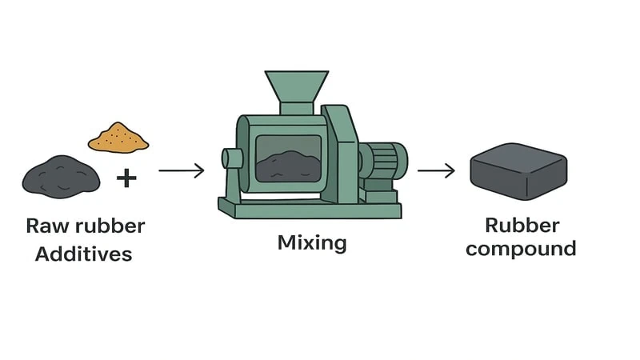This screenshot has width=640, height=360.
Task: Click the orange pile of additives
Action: pyautogui.click(x=118, y=138)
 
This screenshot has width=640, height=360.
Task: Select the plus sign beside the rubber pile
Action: pyautogui.click(x=126, y=177)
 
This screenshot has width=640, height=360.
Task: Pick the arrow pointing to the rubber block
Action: pyautogui.click(x=436, y=170)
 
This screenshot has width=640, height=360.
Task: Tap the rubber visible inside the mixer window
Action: pyautogui.click(x=288, y=166)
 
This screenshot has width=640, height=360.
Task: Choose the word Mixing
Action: pyautogui.click(x=312, y=242)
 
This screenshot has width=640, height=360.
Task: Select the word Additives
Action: pyautogui.click(x=84, y=254)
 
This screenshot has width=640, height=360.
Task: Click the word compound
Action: pyautogui.click(x=521, y=249)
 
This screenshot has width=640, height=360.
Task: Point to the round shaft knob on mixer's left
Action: pyautogui.click(x=232, y=159)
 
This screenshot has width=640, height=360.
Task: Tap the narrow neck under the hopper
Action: pyautogui.click(x=296, y=109)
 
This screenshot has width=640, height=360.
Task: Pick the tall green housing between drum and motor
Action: pyautogui.click(x=341, y=156)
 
